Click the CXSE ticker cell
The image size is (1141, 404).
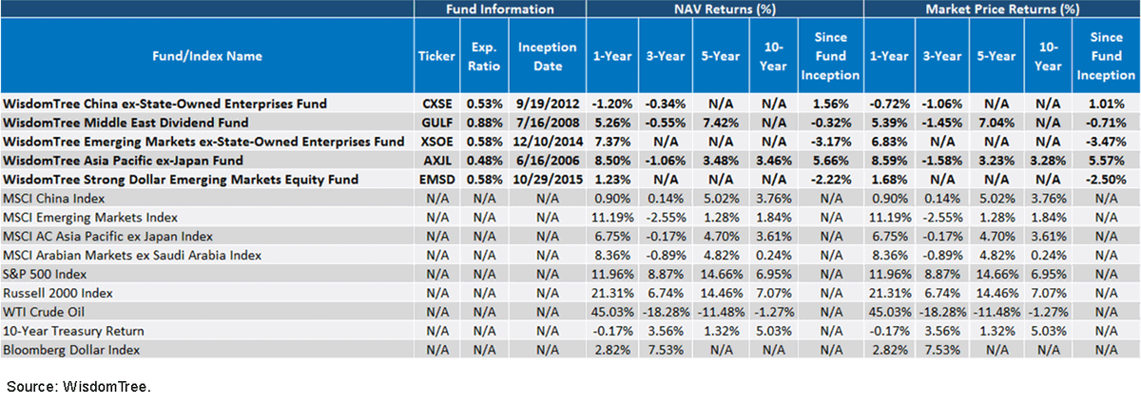[437, 104]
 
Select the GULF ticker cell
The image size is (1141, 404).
[437, 123]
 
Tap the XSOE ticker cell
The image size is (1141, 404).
[437, 142]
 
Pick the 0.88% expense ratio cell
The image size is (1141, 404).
[484, 123]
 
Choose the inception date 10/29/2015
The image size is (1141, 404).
[548, 180]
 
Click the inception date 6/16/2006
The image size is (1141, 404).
[548, 161]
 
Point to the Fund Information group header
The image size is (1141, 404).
[500, 10]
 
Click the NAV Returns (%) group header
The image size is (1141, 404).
[725, 10]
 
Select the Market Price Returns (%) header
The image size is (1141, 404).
[1002, 10]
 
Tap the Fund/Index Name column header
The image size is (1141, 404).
[207, 56]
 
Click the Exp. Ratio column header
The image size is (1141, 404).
[484, 56]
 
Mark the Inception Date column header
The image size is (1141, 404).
[548, 56]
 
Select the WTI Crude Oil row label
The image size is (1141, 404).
[44, 312]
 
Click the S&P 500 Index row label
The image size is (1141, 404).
[45, 274]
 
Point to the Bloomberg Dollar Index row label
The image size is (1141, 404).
[71, 350]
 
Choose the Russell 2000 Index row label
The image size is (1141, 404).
[58, 293]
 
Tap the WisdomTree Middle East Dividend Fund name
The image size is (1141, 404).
[126, 123]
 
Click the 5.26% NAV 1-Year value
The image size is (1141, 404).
[611, 123]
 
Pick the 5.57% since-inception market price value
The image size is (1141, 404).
[1107, 161]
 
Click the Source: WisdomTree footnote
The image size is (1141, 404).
[79, 387]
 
